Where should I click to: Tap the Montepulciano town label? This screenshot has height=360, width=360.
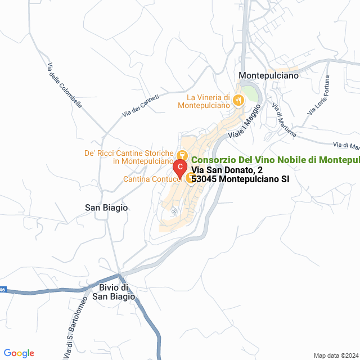point(268,75)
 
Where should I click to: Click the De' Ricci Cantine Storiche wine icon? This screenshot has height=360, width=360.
point(182,155)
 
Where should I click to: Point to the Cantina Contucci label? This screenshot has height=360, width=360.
point(152,179)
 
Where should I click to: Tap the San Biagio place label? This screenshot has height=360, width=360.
point(106,208)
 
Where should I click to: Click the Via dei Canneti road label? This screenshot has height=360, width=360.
point(140,106)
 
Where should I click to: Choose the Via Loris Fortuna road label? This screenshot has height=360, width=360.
point(319,96)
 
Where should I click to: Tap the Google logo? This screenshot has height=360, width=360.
point(18,353)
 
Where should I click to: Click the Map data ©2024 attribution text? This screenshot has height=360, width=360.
point(336,355)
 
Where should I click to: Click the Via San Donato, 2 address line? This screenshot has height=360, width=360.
point(227,170)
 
